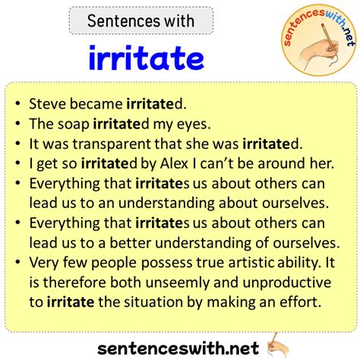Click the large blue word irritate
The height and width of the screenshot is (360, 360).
147,58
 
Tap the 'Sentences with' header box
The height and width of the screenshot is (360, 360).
141,21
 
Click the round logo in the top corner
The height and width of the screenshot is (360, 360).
319,39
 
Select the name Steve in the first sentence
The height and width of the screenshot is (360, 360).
48,104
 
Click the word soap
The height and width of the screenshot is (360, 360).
74,124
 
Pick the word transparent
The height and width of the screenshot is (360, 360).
112,144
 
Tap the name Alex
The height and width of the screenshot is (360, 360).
174,163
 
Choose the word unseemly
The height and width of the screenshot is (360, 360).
178,283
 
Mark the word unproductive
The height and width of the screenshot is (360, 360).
287,283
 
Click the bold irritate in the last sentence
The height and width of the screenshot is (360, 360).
71,302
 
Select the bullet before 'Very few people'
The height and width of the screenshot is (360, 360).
17,262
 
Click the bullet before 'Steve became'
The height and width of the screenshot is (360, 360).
17,103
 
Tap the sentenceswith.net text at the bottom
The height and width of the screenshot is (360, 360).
178,348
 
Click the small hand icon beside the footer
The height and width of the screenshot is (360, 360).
278,346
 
